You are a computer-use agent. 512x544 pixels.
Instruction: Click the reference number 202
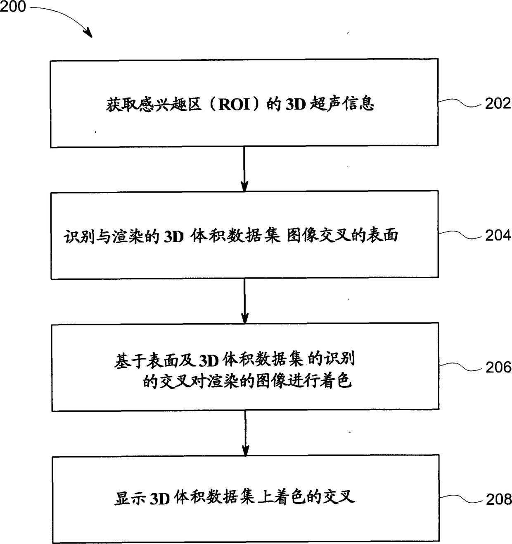[x=498, y=103]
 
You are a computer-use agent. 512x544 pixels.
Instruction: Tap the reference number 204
[x=498, y=235]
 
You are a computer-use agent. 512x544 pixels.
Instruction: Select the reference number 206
[x=498, y=367]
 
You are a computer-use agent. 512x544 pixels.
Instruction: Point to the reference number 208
[x=498, y=499]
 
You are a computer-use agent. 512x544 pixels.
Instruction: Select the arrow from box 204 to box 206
[x=244, y=301]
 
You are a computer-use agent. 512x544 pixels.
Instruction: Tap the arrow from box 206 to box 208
[x=245, y=433]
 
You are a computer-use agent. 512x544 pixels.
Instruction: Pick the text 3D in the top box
[x=295, y=104]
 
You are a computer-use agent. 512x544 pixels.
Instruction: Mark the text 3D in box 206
[x=208, y=361]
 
